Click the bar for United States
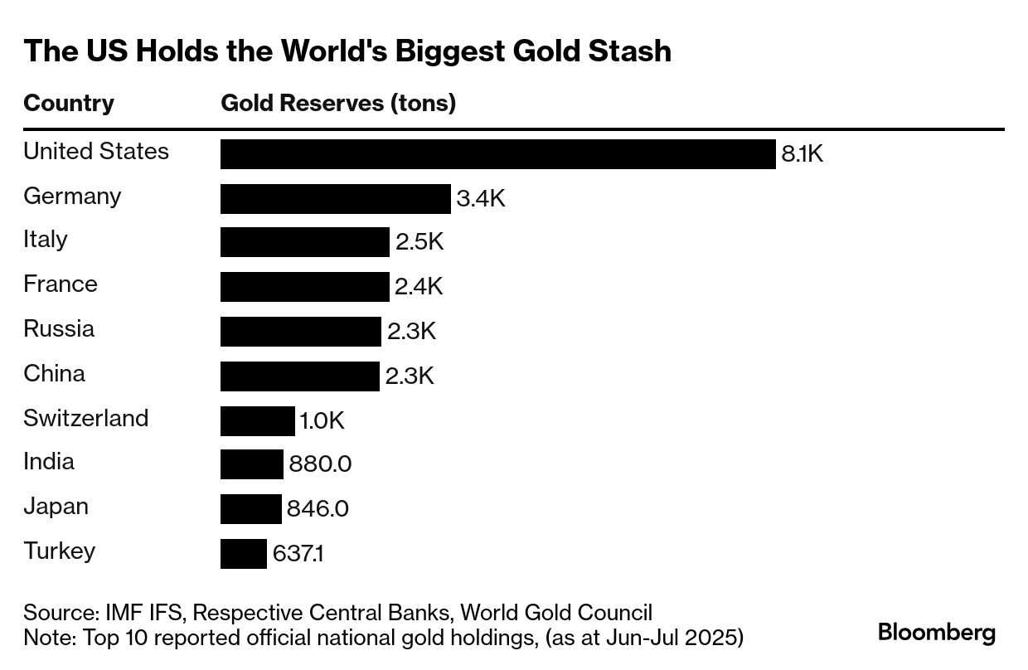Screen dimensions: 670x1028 pos(497,154)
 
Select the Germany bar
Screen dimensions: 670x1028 pos(335,199)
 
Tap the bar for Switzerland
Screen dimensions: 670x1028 pos(257,421)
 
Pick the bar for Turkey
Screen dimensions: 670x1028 pos(243,554)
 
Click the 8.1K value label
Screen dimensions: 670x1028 pos(802,154)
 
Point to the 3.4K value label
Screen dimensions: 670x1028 pos(481,199)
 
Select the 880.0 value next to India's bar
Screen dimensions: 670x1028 pos(320,464)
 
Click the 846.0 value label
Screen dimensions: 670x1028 pos(318,508)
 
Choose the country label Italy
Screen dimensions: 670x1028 pos(46,240)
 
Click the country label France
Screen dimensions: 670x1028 pos(61,284)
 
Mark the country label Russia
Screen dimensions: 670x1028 pos(59,329)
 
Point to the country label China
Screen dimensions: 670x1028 pos(54,374)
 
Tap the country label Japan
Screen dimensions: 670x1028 pos(56,507)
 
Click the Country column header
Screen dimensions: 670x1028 pos(69,104)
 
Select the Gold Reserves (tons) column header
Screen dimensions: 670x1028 pos(338,104)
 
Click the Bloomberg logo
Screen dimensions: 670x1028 pos(937,633)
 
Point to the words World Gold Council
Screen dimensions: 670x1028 pos(556,613)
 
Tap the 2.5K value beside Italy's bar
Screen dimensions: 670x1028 pos(419,242)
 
